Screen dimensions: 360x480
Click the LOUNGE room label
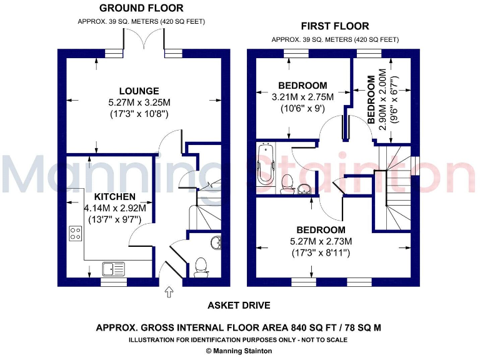[139, 91]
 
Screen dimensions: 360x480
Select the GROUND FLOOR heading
[141, 8]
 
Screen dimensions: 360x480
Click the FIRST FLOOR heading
[334, 26]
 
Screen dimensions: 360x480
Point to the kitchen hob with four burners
[76, 233]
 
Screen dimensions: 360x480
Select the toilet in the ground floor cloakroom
[201, 267]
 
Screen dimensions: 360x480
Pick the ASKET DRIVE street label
[239, 306]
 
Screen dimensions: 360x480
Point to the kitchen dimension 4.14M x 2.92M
[115, 208]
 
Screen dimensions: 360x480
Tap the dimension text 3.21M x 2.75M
[302, 97]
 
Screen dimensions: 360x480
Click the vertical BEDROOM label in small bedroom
[371, 100]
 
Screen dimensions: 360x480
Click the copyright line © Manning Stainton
[239, 351]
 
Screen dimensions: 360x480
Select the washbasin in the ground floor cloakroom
[216, 243]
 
